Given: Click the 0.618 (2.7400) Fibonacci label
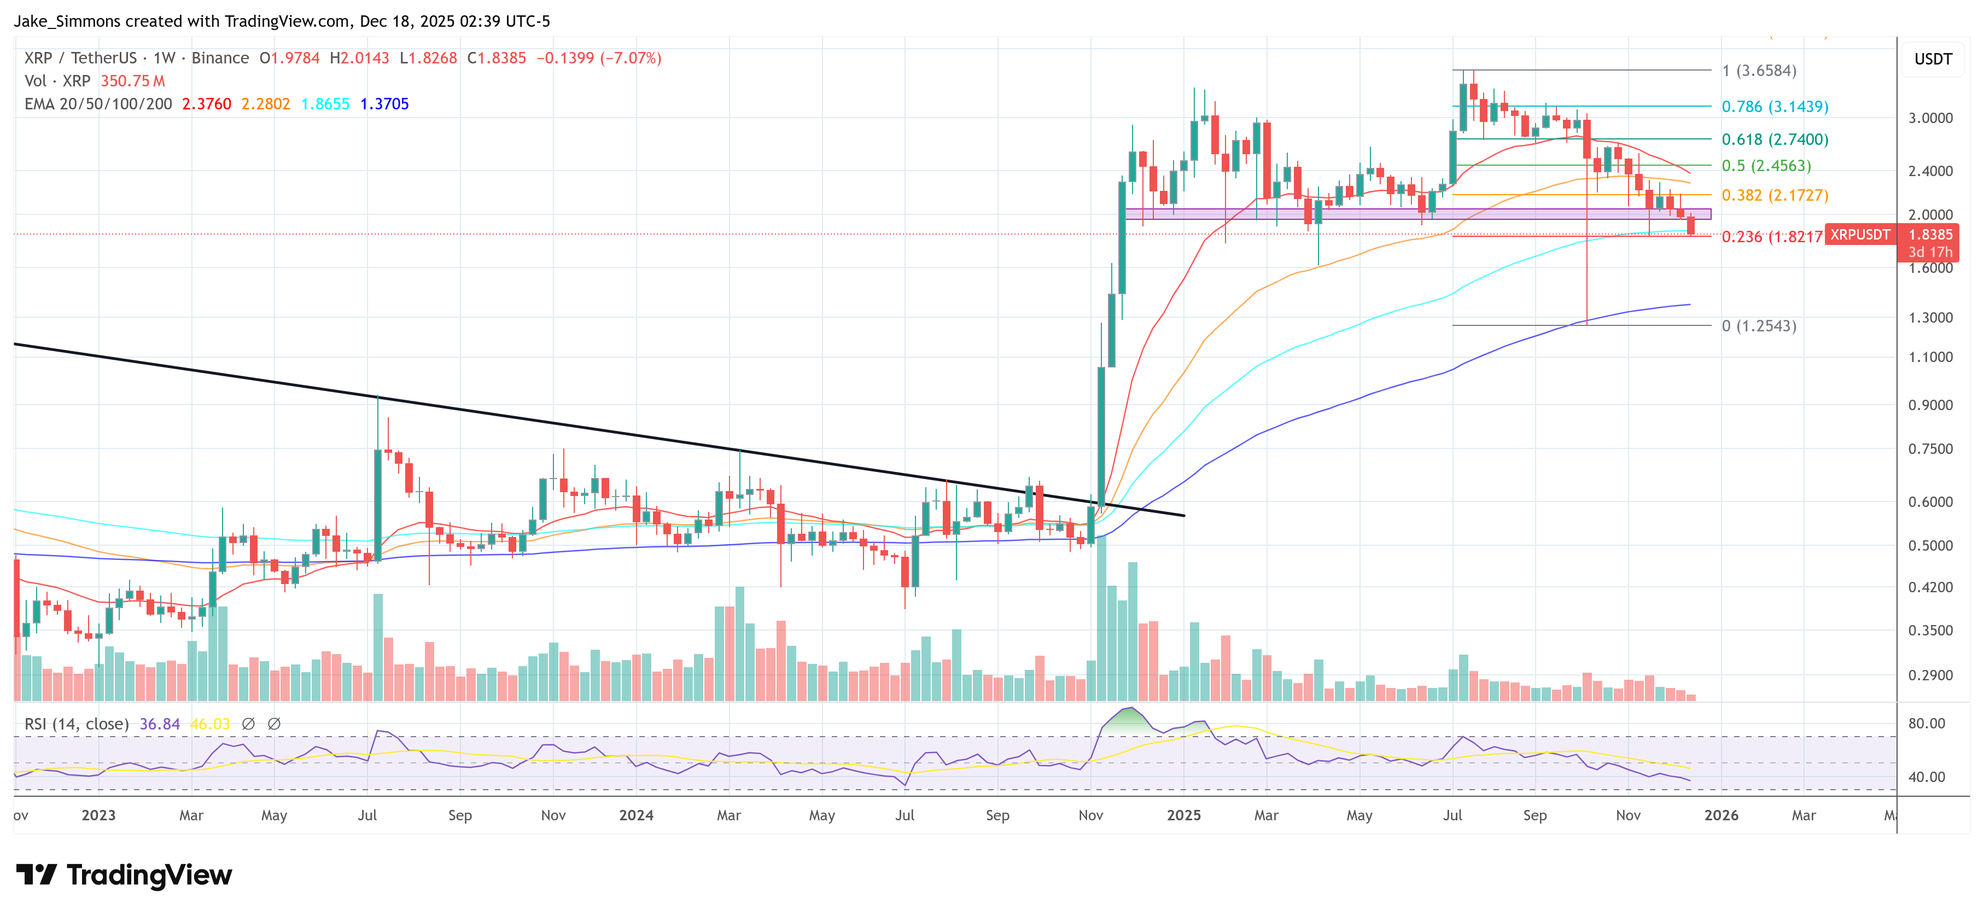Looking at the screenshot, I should pyautogui.click(x=1775, y=139).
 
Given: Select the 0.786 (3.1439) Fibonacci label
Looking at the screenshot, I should pyautogui.click(x=1775, y=106).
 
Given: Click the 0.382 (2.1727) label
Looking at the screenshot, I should pyautogui.click(x=1775, y=195).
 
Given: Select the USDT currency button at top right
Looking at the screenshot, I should pyautogui.click(x=1933, y=59).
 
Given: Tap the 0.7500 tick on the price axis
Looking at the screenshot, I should pyautogui.click(x=1930, y=449).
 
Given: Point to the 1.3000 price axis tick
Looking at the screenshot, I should pyautogui.click(x=1930, y=317).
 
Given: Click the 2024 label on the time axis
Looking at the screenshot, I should pyautogui.click(x=636, y=815).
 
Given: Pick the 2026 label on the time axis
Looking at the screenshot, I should pyautogui.click(x=1720, y=815).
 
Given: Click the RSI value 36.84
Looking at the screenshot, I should pyautogui.click(x=160, y=724).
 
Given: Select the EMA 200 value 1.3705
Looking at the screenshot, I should pyautogui.click(x=384, y=104).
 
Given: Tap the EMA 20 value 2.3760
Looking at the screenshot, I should pyautogui.click(x=206, y=104).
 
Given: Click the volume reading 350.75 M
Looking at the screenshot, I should pyautogui.click(x=132, y=81).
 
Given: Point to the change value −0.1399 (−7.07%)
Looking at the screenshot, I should pyautogui.click(x=598, y=59).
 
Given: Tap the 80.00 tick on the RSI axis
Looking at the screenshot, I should pyautogui.click(x=1926, y=724).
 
